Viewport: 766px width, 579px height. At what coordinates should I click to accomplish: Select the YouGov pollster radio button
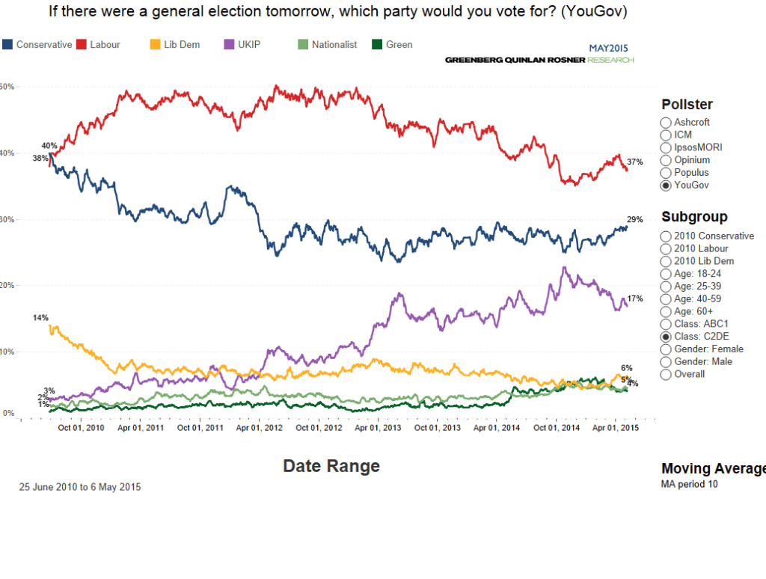pyautogui.click(x=666, y=186)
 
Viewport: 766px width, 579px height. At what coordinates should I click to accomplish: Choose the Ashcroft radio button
pyautogui.click(x=666, y=122)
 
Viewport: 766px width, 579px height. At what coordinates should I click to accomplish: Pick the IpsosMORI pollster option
pyautogui.click(x=666, y=147)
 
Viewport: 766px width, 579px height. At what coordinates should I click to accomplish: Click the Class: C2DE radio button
pyautogui.click(x=666, y=337)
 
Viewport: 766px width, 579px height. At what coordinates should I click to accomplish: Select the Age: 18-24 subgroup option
pyautogui.click(x=666, y=274)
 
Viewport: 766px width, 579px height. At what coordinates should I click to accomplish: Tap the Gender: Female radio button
pyautogui.click(x=666, y=349)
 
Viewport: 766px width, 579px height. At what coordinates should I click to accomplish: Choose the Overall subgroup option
pyautogui.click(x=666, y=374)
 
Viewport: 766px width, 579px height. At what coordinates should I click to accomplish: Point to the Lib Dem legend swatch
pyautogui.click(x=155, y=45)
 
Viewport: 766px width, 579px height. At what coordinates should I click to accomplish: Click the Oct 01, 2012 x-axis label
pyautogui.click(x=319, y=428)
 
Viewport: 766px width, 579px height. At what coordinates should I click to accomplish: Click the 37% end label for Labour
pyautogui.click(x=635, y=162)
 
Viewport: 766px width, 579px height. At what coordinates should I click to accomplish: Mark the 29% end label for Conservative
pyautogui.click(x=635, y=220)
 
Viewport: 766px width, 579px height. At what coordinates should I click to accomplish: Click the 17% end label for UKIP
pyautogui.click(x=635, y=298)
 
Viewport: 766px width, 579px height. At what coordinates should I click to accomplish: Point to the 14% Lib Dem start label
pyautogui.click(x=40, y=318)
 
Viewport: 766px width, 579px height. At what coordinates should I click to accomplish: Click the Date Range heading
pyautogui.click(x=331, y=466)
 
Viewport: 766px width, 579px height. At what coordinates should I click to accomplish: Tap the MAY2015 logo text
pyautogui.click(x=610, y=46)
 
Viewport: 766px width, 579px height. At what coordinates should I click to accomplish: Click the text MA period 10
pyautogui.click(x=690, y=484)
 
